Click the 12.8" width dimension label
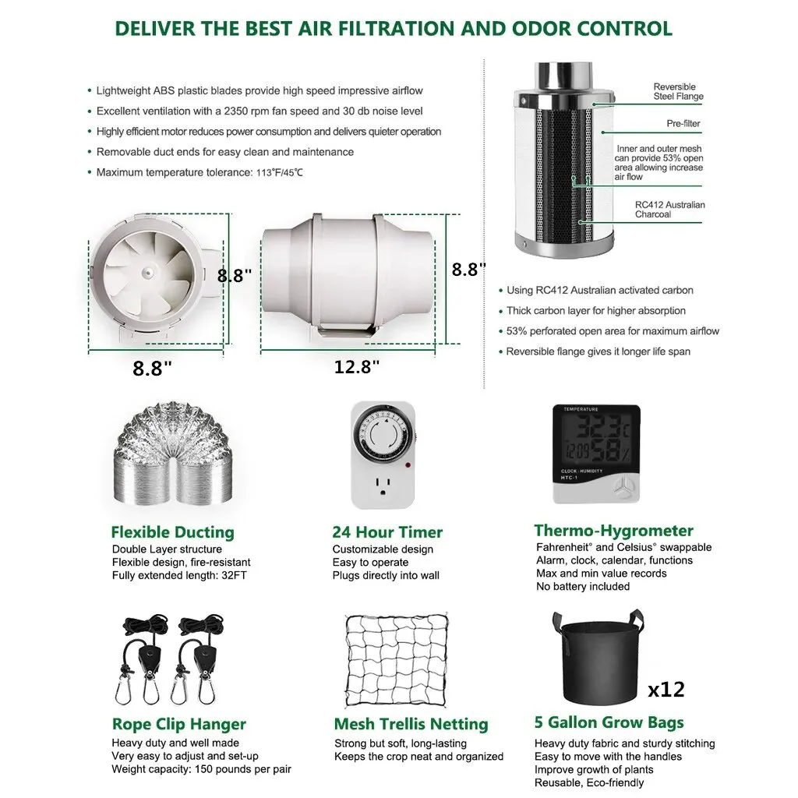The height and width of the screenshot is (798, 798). (357, 366)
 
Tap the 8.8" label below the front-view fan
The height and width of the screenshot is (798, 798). (152, 368)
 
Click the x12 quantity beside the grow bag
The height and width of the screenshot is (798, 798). (666, 690)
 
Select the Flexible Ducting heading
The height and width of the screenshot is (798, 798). (172, 531)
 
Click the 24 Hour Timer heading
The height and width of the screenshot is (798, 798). (387, 531)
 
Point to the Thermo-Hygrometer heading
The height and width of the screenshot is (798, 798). (614, 530)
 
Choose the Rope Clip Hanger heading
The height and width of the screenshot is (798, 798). (178, 724)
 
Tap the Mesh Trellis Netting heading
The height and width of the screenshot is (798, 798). (411, 724)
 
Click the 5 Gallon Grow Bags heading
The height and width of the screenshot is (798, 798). (609, 722)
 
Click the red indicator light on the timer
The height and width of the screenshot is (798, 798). (408, 464)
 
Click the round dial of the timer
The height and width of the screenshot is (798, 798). (383, 434)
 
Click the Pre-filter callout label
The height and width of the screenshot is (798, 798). (683, 124)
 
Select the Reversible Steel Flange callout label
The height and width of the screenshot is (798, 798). (678, 92)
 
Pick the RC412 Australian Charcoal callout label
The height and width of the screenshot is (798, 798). (669, 210)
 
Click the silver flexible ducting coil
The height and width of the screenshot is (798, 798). (172, 454)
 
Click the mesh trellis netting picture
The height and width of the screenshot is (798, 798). (396, 660)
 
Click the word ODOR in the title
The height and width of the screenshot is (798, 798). (541, 29)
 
